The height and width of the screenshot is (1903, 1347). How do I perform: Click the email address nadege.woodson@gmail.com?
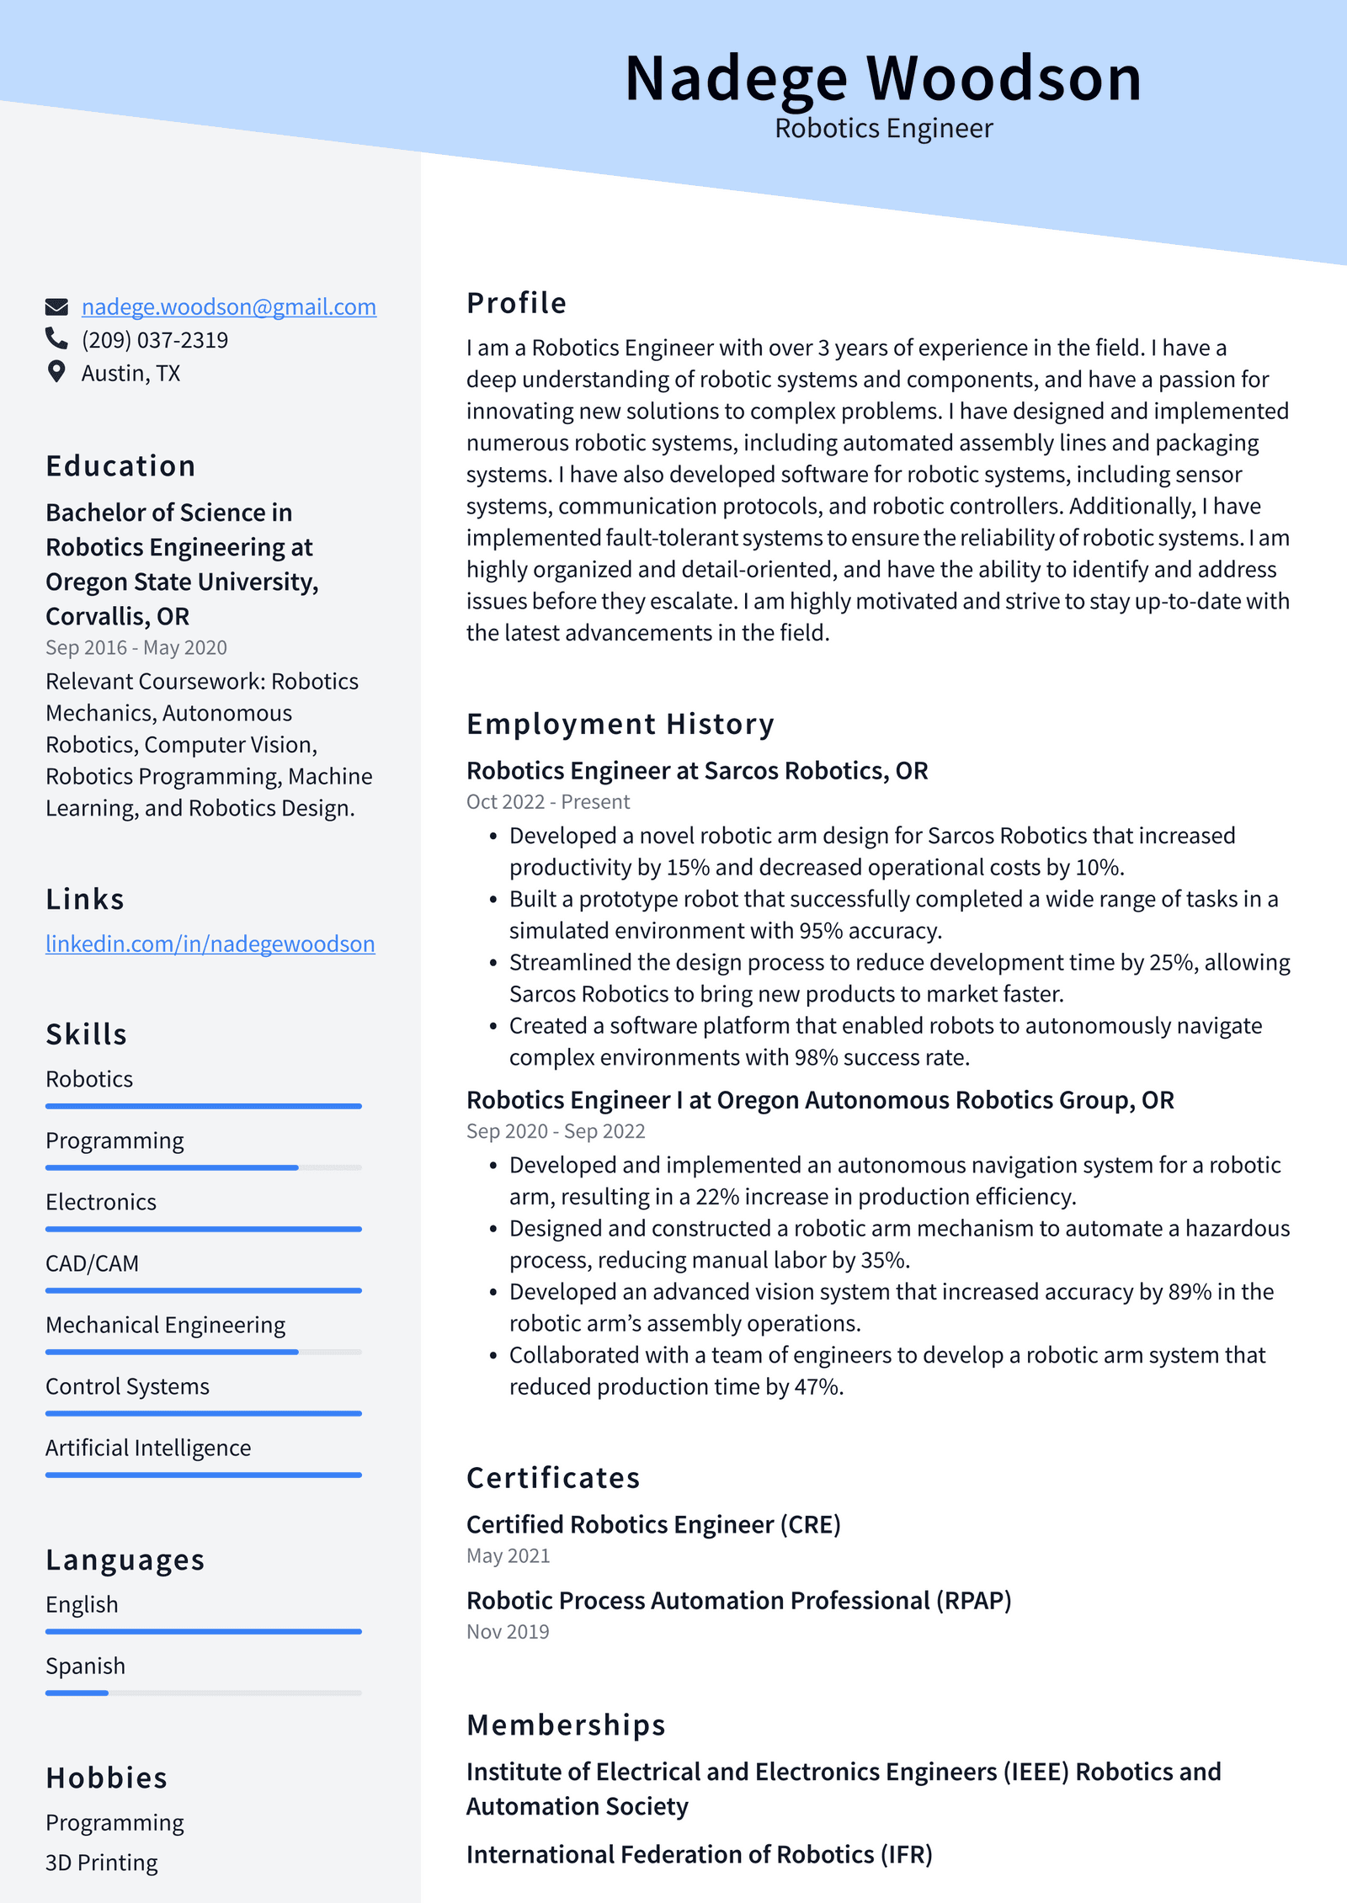228,307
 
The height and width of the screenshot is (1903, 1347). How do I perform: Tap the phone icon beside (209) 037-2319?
56,338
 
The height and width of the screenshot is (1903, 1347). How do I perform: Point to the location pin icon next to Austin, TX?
56,372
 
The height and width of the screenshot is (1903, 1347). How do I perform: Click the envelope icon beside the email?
56,306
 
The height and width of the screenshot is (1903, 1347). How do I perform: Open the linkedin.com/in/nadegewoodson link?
210,944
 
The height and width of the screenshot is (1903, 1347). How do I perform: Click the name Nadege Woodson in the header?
882,78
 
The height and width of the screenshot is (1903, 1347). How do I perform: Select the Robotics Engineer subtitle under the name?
883,129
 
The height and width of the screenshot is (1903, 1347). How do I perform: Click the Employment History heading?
620,724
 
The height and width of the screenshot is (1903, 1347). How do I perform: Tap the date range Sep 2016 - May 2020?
136,647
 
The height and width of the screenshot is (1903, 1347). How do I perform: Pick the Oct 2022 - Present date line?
547,802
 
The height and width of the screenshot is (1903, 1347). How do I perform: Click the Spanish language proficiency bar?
203,1693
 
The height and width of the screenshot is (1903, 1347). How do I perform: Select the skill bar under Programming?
203,1167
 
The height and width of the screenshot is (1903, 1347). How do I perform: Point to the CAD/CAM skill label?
92,1263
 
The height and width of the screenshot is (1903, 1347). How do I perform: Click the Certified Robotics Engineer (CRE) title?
653,1524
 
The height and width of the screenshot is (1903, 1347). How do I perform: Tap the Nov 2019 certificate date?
508,1631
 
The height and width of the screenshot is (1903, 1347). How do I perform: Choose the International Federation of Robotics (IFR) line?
699,1854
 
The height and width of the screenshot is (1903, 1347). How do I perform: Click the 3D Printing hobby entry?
101,1863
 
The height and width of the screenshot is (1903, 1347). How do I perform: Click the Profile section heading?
516,303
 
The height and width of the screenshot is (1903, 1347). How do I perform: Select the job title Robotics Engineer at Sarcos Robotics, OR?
696,771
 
